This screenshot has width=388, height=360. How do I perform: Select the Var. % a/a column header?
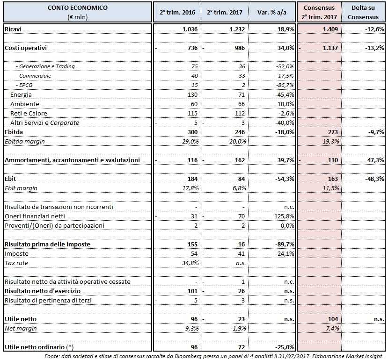click(271, 13)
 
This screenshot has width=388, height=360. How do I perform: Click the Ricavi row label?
click(14, 29)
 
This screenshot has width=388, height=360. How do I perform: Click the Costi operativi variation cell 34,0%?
click(285, 48)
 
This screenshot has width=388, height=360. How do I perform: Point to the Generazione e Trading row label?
click(45, 66)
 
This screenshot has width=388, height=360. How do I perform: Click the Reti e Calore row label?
click(29, 113)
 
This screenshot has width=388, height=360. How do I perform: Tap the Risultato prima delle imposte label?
click(47, 244)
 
